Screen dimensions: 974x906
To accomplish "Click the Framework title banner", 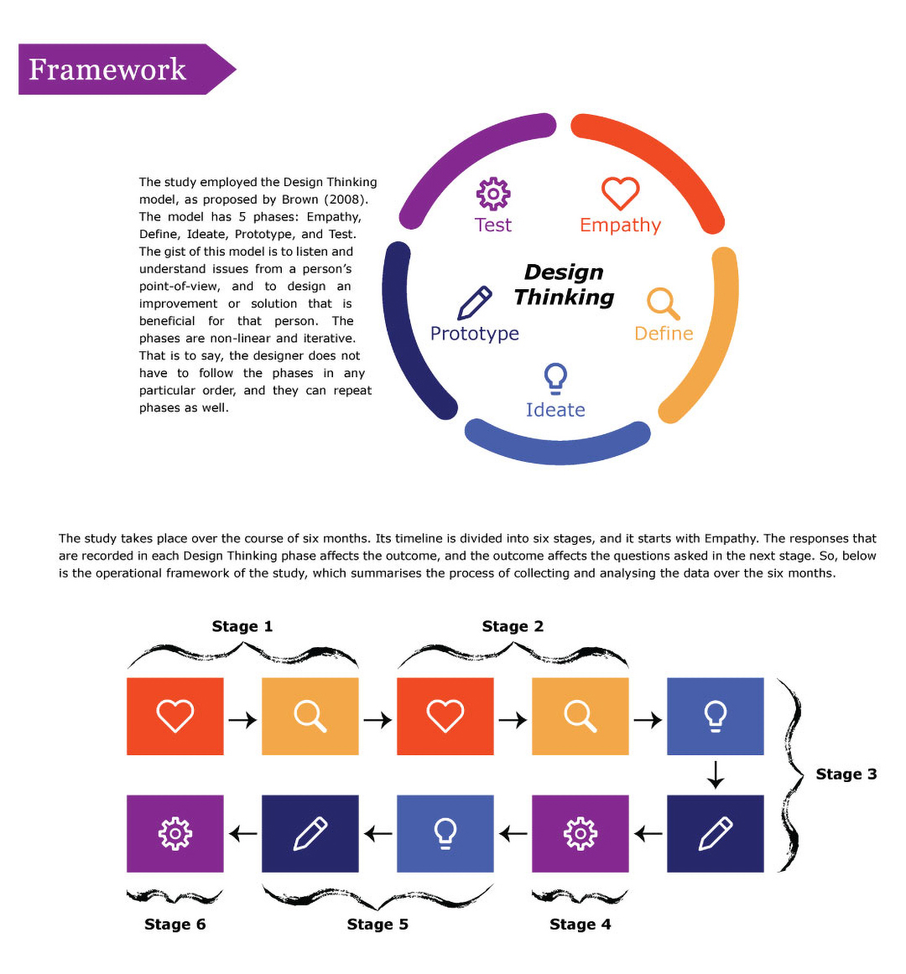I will (117, 69).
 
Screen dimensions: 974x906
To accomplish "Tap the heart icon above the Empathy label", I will (620, 194).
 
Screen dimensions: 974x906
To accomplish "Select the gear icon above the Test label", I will (493, 194).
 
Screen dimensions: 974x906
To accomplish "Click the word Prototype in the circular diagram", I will (474, 334).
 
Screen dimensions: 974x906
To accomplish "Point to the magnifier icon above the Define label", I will (663, 303).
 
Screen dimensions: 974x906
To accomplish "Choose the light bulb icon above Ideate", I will (555, 379).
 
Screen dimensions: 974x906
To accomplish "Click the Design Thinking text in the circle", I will (564, 285).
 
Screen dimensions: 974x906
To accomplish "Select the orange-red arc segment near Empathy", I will (663, 159).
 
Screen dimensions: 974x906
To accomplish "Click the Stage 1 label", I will (242, 626).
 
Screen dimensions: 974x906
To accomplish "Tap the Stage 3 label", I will (846, 775).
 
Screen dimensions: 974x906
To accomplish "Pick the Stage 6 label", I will (174, 925).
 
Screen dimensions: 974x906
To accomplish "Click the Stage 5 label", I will (377, 925).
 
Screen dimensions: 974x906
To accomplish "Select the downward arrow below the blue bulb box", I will (715, 775).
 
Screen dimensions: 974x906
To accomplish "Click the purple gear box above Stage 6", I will (174, 833).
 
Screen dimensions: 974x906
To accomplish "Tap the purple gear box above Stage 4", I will (580, 833).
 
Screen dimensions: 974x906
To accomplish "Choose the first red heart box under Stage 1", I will (174, 716).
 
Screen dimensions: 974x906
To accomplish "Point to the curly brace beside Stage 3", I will (790, 775).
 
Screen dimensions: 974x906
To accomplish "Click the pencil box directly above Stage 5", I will (310, 833).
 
